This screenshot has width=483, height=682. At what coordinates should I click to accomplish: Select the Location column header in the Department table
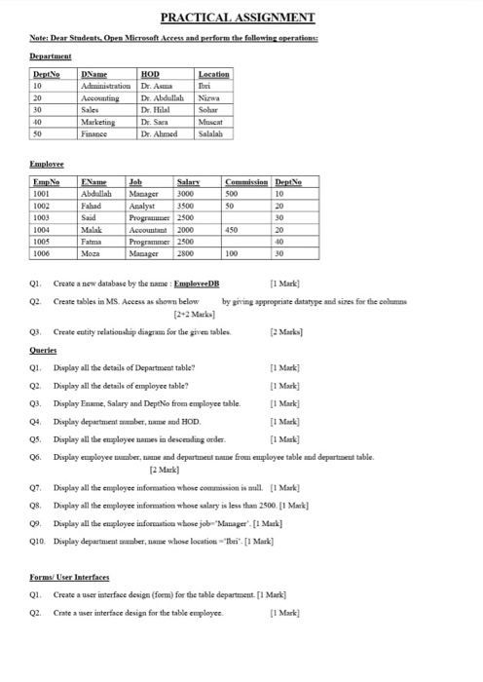click(213, 73)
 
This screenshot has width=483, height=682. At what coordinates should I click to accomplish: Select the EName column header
click(94, 182)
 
